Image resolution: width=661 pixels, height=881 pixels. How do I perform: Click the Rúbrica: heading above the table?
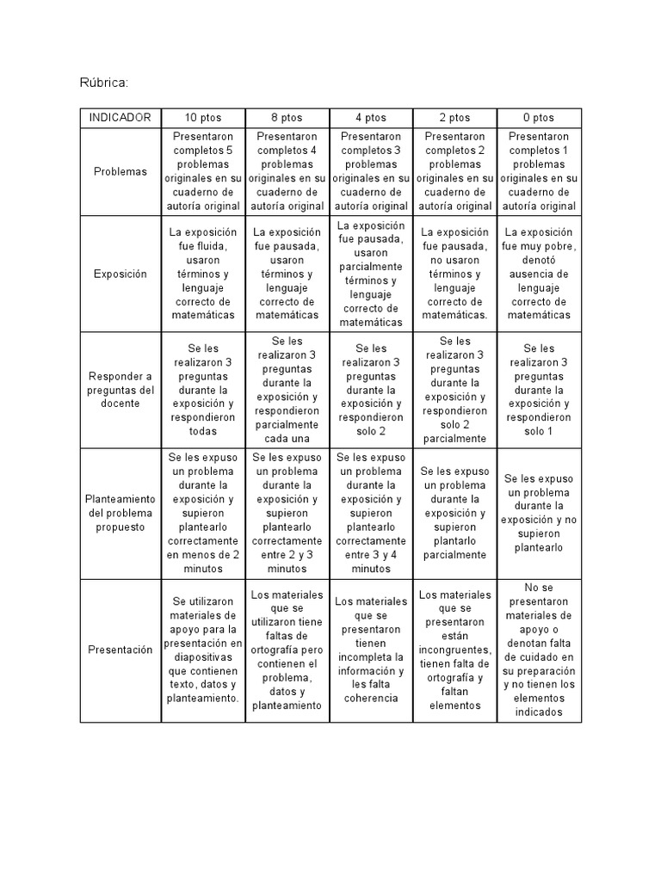[x=104, y=83]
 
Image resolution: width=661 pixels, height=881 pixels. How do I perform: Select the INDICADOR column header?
[x=121, y=118]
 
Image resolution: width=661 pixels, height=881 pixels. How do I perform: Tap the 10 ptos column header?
[x=203, y=118]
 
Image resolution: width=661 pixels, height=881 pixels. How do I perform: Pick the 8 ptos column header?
[x=287, y=118]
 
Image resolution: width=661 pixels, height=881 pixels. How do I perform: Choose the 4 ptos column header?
[x=371, y=118]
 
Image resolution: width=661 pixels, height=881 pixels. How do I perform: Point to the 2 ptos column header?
[x=454, y=118]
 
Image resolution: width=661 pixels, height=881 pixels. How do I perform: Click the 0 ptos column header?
[x=540, y=118]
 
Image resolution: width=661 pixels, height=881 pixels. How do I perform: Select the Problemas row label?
[x=121, y=171]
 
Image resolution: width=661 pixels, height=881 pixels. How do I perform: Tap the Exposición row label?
[x=121, y=274]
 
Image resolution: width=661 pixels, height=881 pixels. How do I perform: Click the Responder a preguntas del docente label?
[x=121, y=390]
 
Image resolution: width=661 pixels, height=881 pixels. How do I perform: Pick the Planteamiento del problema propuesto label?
[x=121, y=513]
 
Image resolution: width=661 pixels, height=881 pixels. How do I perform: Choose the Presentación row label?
[x=121, y=650]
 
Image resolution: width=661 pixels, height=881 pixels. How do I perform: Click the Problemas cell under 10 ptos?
[x=203, y=171]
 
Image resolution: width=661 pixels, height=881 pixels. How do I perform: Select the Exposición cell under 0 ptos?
[x=540, y=274]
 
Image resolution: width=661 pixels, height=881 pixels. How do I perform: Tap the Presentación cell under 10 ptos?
[x=203, y=650]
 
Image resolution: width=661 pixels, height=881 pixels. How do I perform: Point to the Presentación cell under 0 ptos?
[x=540, y=650]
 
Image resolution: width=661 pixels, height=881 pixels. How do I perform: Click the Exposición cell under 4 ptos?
[x=371, y=274]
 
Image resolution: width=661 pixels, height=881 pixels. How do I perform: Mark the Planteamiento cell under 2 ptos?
[x=454, y=513]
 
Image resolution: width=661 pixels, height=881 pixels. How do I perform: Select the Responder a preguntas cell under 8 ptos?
[x=287, y=390]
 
